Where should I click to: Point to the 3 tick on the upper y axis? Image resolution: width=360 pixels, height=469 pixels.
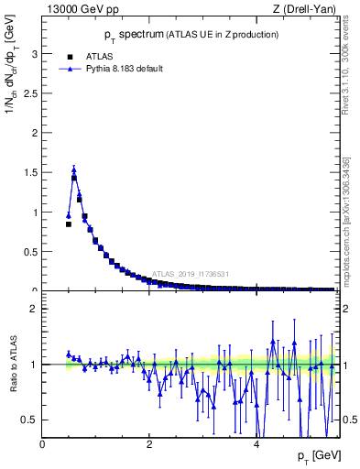(35, 54)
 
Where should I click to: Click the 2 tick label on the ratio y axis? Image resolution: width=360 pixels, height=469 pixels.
(35, 309)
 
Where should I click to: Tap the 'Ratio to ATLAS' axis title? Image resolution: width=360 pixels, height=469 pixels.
(15, 364)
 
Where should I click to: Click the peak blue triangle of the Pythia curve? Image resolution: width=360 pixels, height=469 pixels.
(73, 169)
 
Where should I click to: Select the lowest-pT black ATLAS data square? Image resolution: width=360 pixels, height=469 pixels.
(68, 224)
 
